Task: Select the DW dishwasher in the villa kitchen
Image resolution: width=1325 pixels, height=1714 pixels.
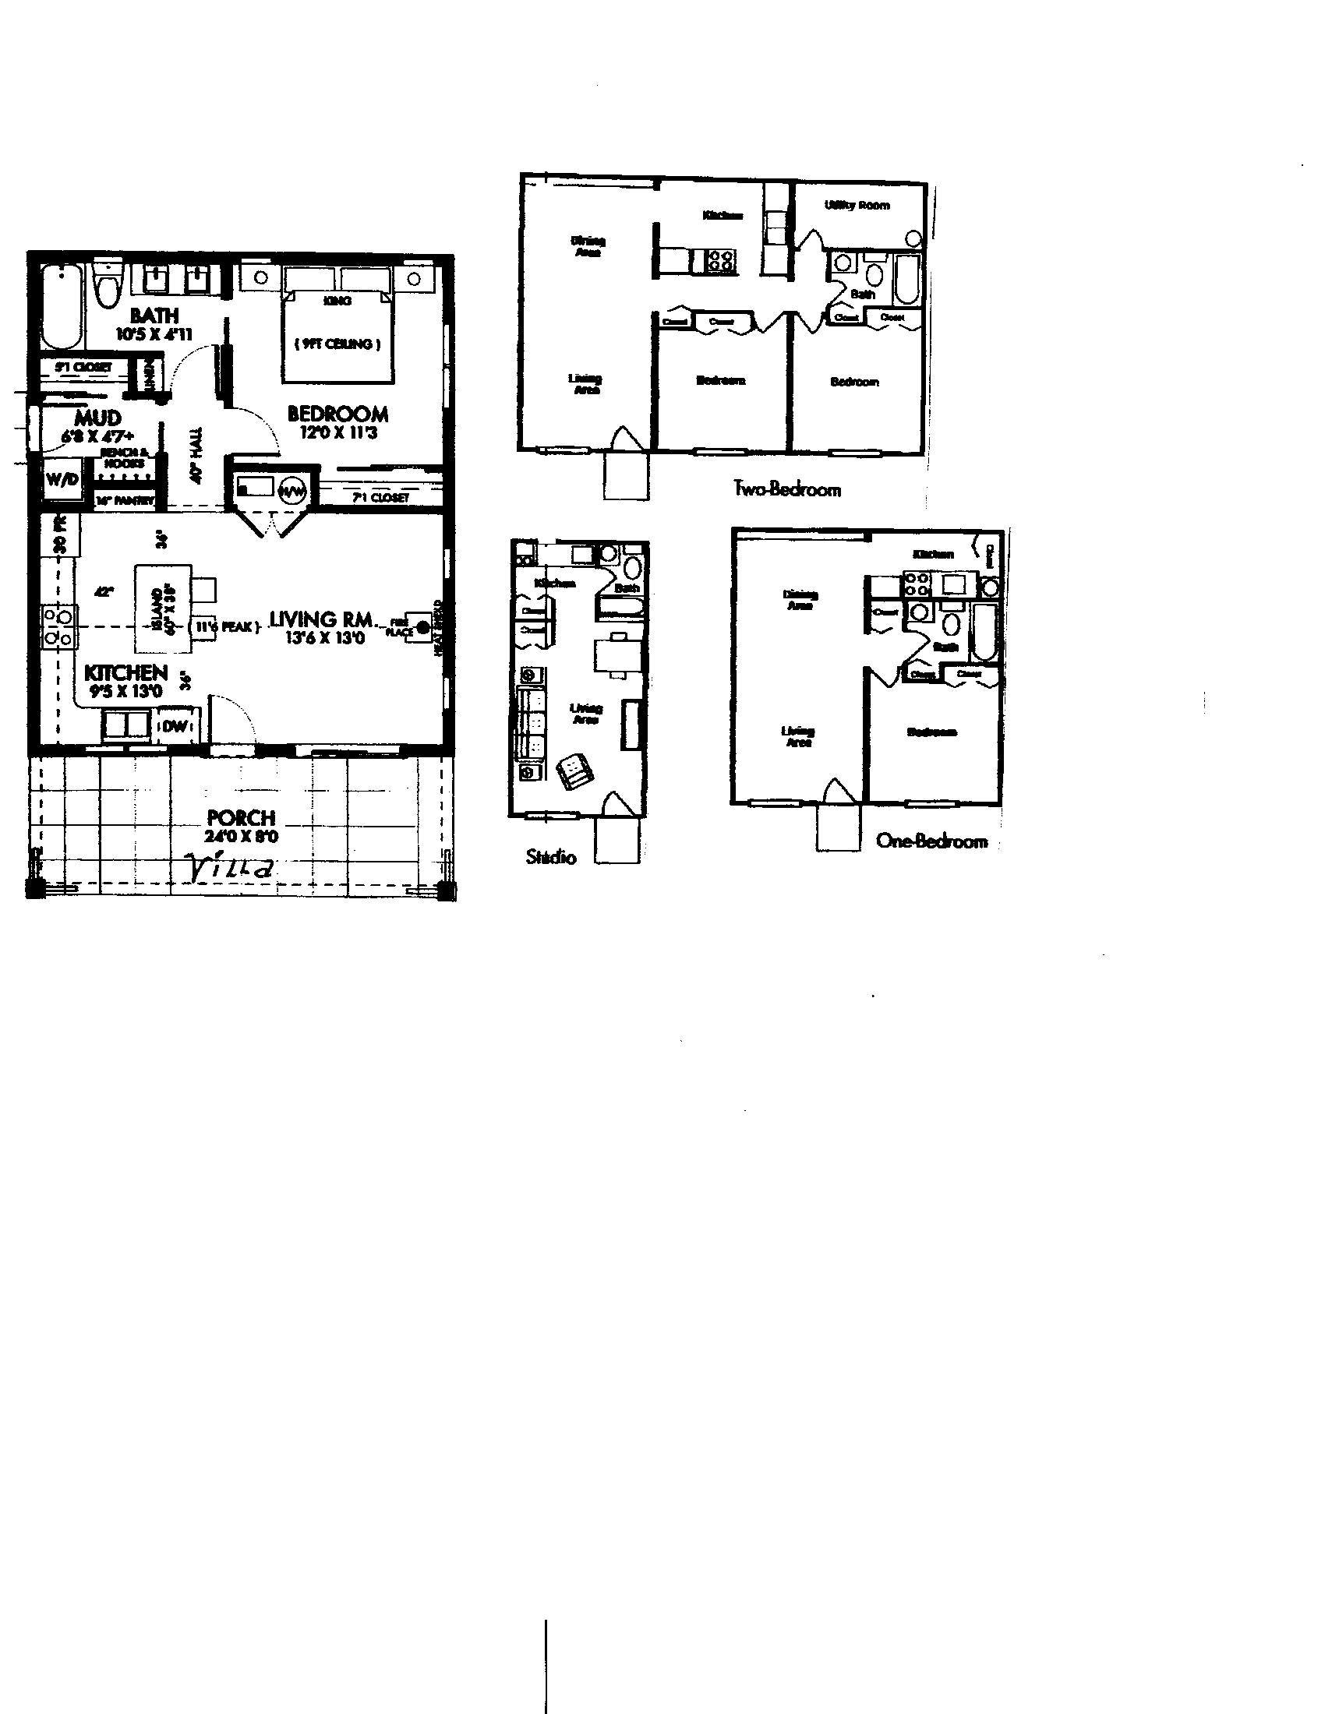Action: pyautogui.click(x=176, y=726)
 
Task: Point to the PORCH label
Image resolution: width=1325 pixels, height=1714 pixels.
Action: pyautogui.click(x=241, y=818)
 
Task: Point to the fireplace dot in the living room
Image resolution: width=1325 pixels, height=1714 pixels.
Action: pyautogui.click(x=422, y=626)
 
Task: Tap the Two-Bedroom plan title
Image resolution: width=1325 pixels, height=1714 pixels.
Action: pyautogui.click(x=786, y=489)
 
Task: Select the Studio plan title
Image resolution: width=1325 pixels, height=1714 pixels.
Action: pyautogui.click(x=551, y=857)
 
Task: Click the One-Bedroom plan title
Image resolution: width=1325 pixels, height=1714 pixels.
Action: pyautogui.click(x=931, y=841)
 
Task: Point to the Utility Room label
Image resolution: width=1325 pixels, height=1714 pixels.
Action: pyautogui.click(x=857, y=206)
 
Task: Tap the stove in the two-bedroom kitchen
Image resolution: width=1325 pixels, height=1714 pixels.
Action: pyautogui.click(x=722, y=260)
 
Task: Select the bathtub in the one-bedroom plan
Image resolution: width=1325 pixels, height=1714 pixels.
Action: pyautogui.click(x=984, y=633)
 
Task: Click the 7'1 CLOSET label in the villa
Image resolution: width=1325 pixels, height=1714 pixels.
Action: pyautogui.click(x=380, y=497)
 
